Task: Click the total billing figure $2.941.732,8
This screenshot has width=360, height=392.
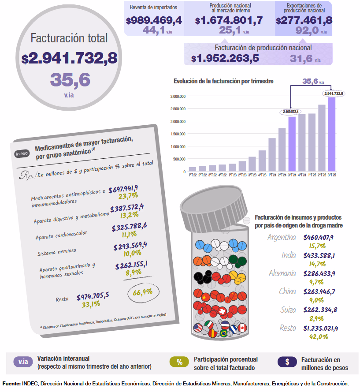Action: [69, 58]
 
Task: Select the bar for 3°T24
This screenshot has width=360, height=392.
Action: [292, 144]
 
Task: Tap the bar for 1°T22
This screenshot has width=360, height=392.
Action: [193, 169]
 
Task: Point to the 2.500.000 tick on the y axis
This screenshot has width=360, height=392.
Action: [178, 109]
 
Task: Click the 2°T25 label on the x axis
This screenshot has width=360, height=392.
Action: [322, 175]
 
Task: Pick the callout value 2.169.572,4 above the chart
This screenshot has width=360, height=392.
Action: [290, 112]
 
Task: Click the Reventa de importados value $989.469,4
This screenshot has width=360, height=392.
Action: [154, 20]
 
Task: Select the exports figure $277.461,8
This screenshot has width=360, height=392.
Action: [304, 20]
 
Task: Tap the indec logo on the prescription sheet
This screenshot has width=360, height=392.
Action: [22, 153]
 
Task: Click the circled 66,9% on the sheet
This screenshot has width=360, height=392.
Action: [143, 292]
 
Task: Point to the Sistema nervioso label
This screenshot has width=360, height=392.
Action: [57, 252]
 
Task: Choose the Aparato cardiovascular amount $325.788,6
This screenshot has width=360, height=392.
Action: [129, 227]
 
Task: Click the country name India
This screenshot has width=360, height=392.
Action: [289, 255]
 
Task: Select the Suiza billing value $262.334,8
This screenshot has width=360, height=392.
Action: [320, 310]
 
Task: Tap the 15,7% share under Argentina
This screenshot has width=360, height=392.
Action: [317, 246]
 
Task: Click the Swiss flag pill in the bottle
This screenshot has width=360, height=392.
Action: [222, 311]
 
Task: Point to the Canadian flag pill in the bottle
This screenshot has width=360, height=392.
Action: [242, 328]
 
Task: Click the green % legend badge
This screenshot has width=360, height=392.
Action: [179, 362]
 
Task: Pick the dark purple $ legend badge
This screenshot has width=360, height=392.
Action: [287, 362]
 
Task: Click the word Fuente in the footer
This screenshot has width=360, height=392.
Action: [11, 384]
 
